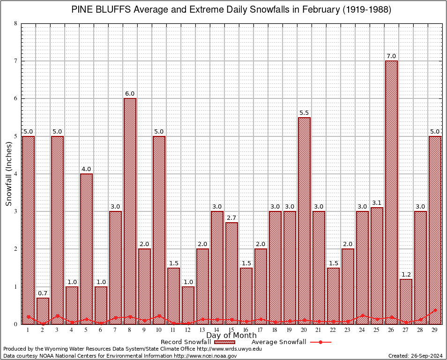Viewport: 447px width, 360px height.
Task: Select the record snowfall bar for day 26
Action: (x=391, y=192)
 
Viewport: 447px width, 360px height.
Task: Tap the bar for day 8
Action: (x=130, y=211)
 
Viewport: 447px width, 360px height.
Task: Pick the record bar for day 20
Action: (x=304, y=220)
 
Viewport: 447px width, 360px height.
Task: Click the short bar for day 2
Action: (x=43, y=311)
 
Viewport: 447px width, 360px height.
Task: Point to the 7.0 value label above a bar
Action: (x=391, y=56)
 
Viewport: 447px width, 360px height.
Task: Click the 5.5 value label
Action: (x=304, y=113)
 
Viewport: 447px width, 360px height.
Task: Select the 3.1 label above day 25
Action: (x=377, y=203)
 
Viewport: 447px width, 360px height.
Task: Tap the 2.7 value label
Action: (x=231, y=218)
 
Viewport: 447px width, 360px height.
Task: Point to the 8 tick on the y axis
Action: (x=16, y=23)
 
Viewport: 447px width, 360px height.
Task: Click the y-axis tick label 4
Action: (x=16, y=174)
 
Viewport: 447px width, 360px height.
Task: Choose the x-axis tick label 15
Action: (x=231, y=330)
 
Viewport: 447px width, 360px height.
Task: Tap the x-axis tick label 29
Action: (x=435, y=330)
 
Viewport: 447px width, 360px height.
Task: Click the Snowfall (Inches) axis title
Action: (x=9, y=174)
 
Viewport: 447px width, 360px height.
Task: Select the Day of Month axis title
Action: (x=231, y=336)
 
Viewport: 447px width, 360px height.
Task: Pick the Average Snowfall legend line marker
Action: (x=320, y=342)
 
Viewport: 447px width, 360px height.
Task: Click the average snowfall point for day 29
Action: (x=435, y=310)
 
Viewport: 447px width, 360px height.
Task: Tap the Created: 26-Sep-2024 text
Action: (x=415, y=356)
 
